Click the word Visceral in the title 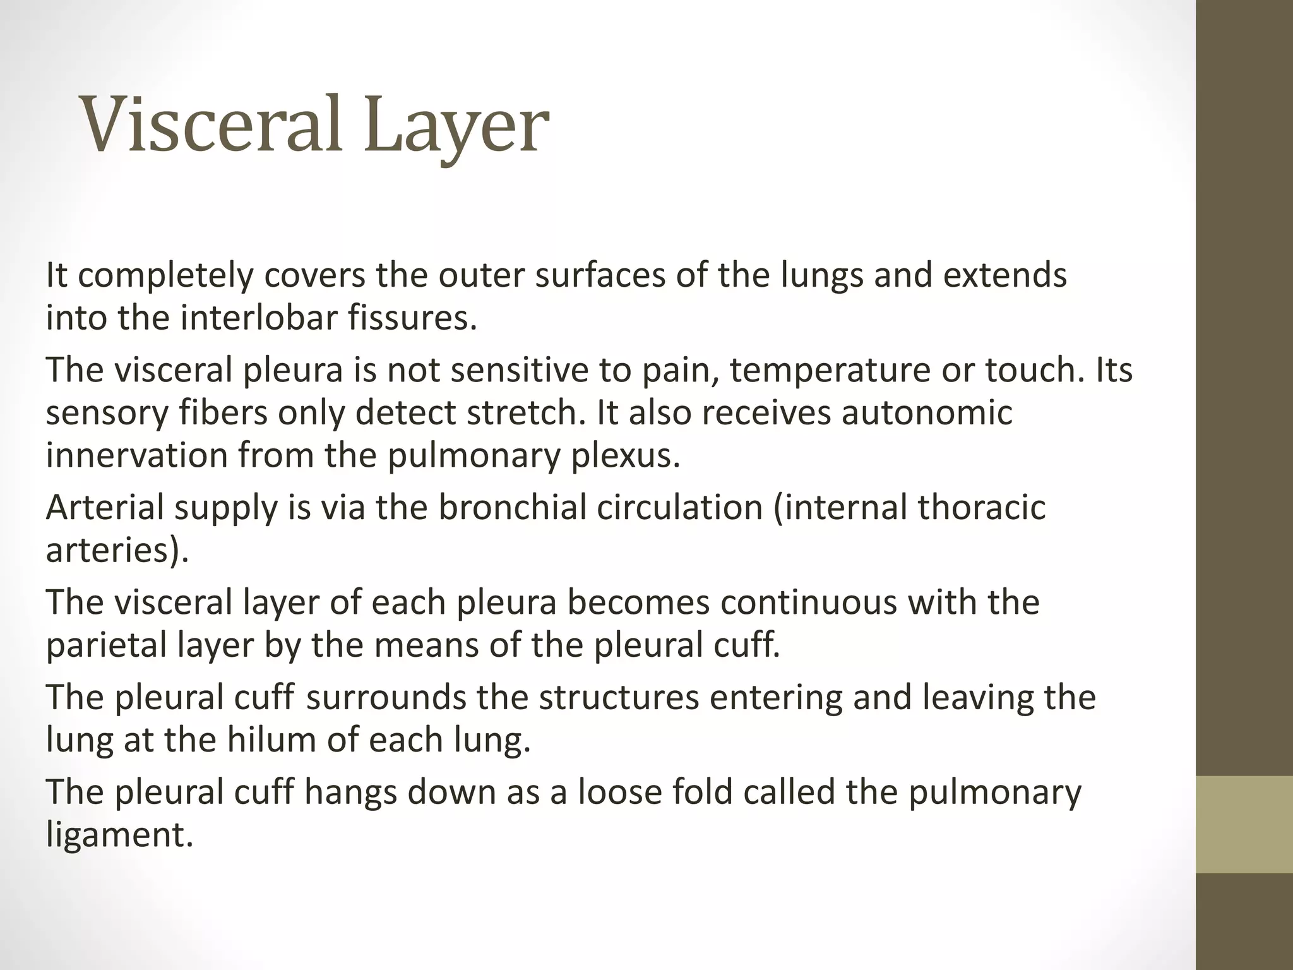click(212, 124)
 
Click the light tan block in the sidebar click(1244, 824)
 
